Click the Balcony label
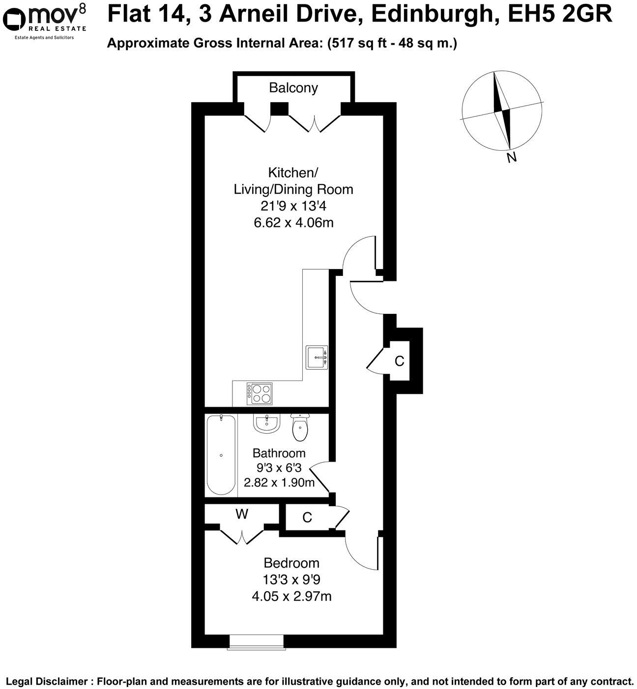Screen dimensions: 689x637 (x=293, y=88)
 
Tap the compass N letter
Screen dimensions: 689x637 (x=512, y=157)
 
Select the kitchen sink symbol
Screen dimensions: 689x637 (x=317, y=357)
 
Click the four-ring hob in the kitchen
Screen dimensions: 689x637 (x=261, y=393)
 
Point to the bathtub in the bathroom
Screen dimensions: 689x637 (x=221, y=455)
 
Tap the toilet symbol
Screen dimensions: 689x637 (x=300, y=428)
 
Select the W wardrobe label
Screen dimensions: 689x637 (x=242, y=514)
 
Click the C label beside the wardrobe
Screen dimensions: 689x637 (x=307, y=518)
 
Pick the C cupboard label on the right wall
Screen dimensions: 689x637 (x=400, y=361)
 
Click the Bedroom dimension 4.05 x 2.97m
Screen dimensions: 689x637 (x=291, y=597)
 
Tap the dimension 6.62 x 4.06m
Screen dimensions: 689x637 (x=293, y=222)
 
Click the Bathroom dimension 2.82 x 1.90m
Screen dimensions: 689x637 (x=279, y=482)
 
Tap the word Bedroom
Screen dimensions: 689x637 (x=291, y=563)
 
